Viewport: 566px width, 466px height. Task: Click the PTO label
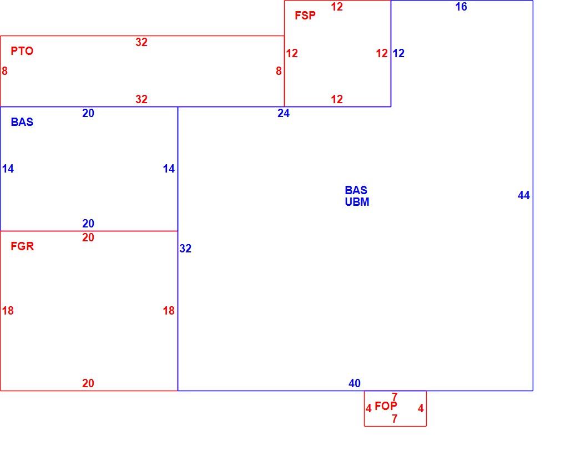click(x=22, y=51)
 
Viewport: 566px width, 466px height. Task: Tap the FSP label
click(x=305, y=16)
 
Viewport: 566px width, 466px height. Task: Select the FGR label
click(x=22, y=246)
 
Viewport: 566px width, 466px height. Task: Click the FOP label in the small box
click(x=386, y=406)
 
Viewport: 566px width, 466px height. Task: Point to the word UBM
click(x=357, y=202)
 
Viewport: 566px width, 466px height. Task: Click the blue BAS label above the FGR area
click(x=22, y=122)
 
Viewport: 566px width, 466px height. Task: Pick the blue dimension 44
click(x=524, y=195)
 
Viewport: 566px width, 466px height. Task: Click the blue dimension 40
click(x=355, y=383)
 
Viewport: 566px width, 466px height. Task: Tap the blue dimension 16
click(x=461, y=7)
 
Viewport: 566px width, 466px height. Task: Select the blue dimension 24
click(x=284, y=113)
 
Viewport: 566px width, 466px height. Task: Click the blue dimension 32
click(x=185, y=249)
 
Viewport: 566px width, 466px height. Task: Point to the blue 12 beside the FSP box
click(x=398, y=53)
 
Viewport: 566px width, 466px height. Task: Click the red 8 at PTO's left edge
click(x=4, y=71)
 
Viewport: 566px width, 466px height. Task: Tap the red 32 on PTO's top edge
click(x=141, y=42)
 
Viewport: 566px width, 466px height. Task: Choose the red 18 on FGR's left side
click(x=8, y=311)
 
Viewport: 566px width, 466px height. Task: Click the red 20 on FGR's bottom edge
click(x=88, y=383)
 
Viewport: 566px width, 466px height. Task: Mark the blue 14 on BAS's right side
click(x=169, y=169)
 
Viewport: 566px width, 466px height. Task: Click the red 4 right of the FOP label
click(x=421, y=408)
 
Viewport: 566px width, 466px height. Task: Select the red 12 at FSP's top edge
click(x=337, y=7)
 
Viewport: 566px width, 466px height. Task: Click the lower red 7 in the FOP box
click(x=395, y=419)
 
